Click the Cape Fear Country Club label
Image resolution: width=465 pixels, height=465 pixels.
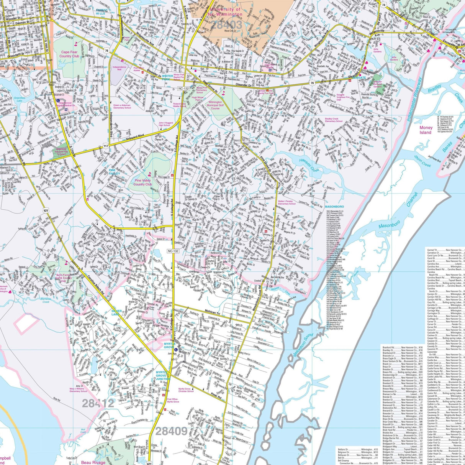(69, 54)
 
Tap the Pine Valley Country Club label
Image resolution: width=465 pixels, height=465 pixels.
(143, 182)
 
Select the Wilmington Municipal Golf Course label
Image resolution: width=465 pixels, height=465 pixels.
(215, 105)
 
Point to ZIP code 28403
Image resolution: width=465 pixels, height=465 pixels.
(227, 25)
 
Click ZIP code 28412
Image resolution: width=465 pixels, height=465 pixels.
(98, 403)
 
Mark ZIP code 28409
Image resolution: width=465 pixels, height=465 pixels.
(171, 432)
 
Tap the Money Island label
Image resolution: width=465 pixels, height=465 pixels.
(426, 130)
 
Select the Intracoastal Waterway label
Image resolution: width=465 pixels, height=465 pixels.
(414, 100)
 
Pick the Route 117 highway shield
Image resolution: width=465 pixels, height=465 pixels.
(105, 146)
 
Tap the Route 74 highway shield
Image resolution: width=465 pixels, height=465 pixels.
(383, 4)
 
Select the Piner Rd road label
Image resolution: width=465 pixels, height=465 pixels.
(216, 396)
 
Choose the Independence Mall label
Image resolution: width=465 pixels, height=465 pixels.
(122, 68)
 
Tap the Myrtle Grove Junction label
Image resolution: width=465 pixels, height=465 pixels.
(163, 375)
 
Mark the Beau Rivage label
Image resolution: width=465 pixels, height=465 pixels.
(93, 462)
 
